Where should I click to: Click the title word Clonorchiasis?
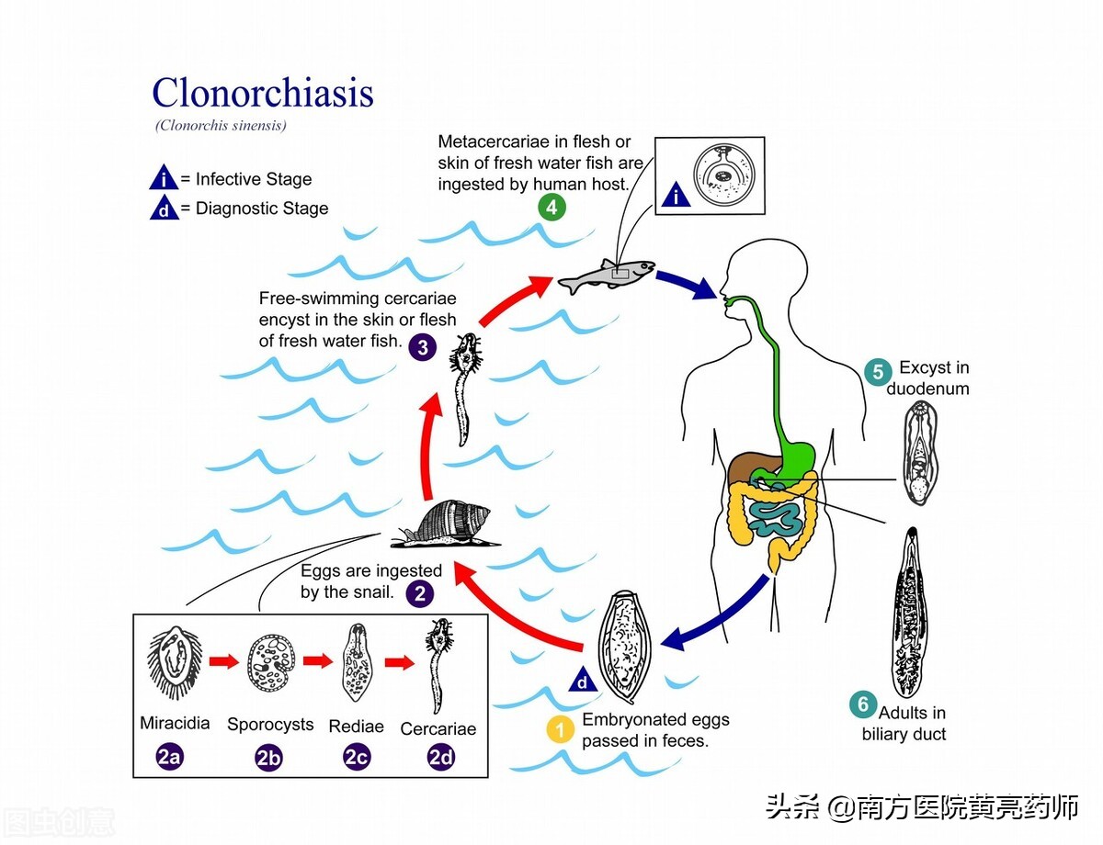tap(262, 93)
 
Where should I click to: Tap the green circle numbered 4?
tap(551, 208)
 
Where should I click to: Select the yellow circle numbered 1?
tap(559, 729)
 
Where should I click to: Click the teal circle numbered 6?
tap(862, 704)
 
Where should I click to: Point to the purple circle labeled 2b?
tap(269, 758)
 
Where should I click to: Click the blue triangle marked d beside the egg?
tap(582, 681)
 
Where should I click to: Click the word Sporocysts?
tap(270, 724)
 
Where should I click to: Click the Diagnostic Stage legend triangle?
tap(164, 208)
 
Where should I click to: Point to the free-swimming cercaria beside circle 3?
tap(466, 386)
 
